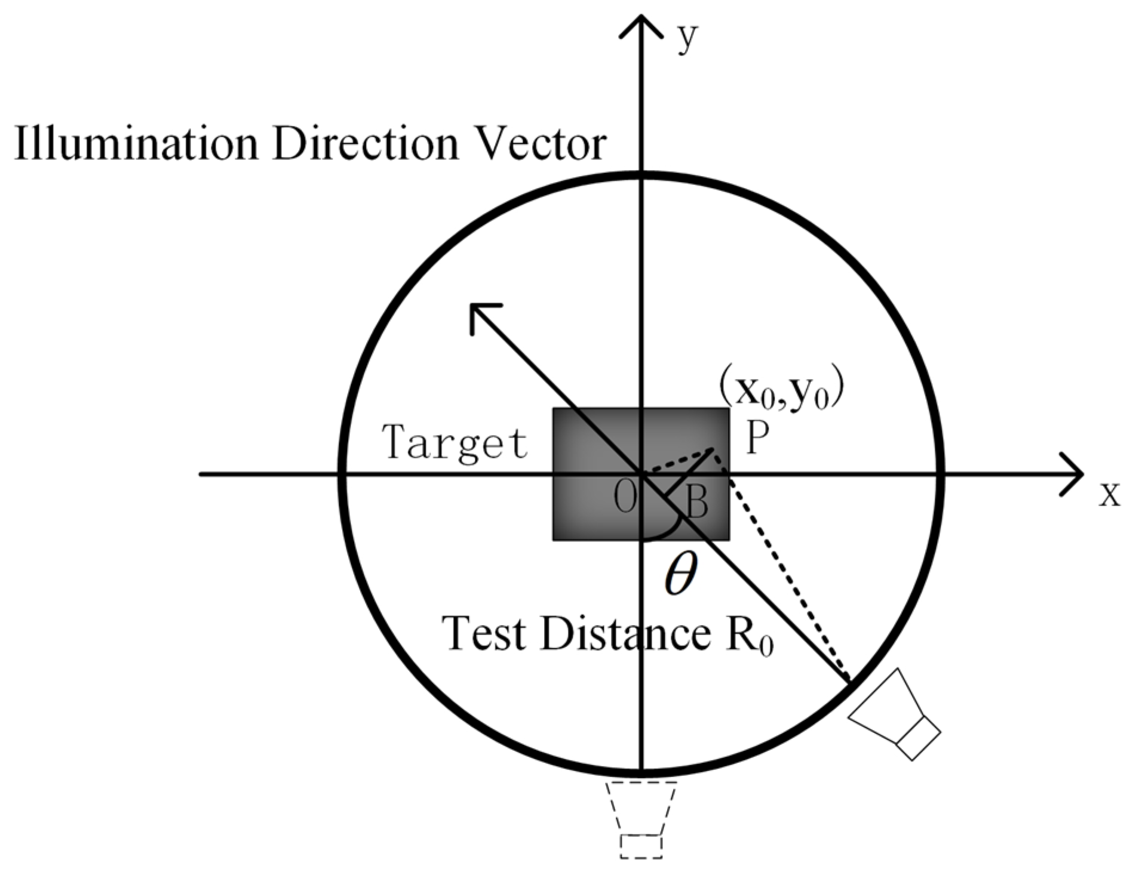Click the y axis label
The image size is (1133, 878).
(x=688, y=39)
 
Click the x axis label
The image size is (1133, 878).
(x=1110, y=494)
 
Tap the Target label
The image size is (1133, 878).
(x=456, y=442)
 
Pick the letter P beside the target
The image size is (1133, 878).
(x=756, y=440)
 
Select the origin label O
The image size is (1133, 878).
(x=625, y=498)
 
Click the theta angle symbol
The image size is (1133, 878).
(x=681, y=574)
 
